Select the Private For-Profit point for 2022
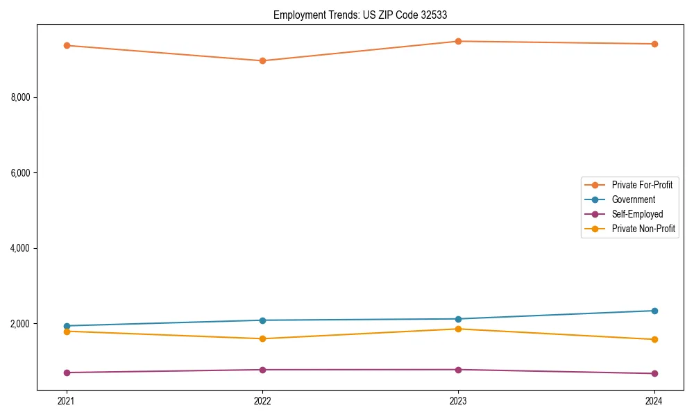click(x=262, y=60)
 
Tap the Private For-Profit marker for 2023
click(x=458, y=41)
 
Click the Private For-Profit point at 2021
click(x=67, y=45)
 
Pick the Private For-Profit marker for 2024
click(x=654, y=44)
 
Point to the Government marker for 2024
click(x=654, y=311)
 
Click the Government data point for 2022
click(x=262, y=320)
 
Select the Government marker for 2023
click(x=458, y=319)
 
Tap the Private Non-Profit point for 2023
click(x=458, y=329)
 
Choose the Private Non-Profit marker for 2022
click(x=262, y=338)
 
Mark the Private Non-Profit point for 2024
click(x=654, y=339)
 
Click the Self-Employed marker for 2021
click(x=67, y=373)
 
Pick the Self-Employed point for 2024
click(x=654, y=373)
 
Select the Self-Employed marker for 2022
click(x=262, y=370)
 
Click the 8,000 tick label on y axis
click(x=21, y=97)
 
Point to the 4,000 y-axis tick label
click(x=21, y=248)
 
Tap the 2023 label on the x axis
click(x=458, y=400)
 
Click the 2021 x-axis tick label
click(x=67, y=400)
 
